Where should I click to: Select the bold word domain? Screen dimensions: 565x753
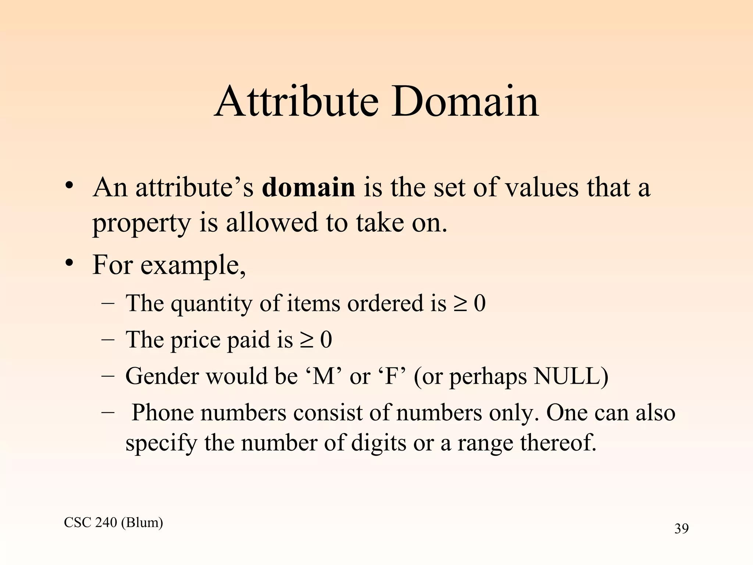coord(308,187)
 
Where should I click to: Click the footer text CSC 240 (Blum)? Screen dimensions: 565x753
coord(113,522)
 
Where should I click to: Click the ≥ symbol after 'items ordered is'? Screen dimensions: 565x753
coord(460,304)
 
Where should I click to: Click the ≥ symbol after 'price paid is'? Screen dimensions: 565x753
coord(306,340)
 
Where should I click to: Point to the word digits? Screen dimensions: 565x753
coord(378,443)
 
